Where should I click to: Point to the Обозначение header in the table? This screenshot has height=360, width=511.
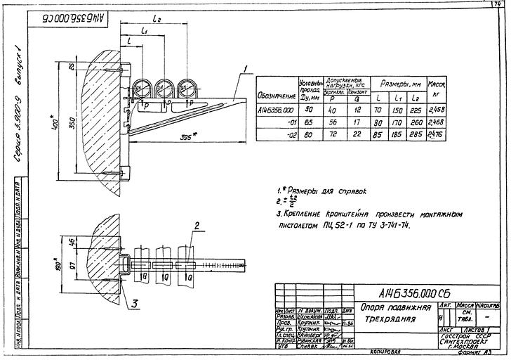[277, 95]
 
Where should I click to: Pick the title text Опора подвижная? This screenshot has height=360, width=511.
[387, 307]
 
